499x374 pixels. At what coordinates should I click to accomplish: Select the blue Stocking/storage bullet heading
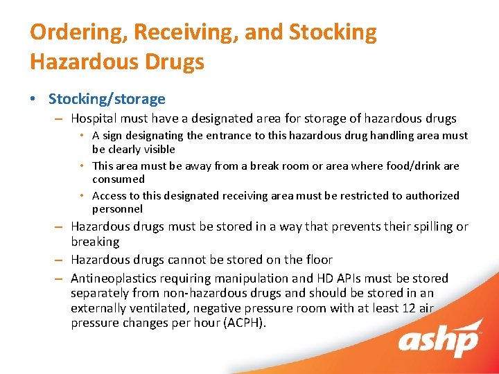point(107,99)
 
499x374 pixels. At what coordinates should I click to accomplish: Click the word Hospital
point(94,118)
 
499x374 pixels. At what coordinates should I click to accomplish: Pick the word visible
point(154,149)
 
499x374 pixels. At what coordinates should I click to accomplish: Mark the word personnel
point(117,208)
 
